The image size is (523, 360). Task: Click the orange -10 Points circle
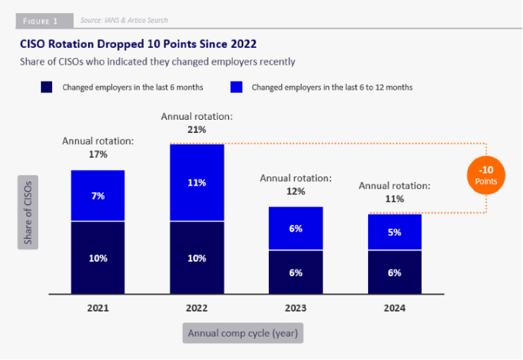[486, 174]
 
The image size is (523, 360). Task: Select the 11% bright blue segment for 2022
[197, 182]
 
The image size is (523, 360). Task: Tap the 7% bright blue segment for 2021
[98, 195]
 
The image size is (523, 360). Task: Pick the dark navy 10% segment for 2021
[98, 257]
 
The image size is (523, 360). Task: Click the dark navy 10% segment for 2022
[197, 257]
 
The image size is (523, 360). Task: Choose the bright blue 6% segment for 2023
[296, 228]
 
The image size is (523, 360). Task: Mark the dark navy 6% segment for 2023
[296, 272]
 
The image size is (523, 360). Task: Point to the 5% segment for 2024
[394, 232]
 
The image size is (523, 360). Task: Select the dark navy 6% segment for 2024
[394, 272]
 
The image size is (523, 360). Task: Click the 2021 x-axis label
[98, 309]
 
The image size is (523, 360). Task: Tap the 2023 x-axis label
[296, 309]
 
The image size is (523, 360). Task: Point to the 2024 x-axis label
[394, 309]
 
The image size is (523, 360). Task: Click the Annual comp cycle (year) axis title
[242, 334]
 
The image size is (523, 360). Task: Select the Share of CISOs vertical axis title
[29, 211]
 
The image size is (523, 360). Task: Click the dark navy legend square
[46, 87]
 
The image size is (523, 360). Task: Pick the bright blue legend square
[237, 87]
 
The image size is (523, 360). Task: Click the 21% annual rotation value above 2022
[197, 129]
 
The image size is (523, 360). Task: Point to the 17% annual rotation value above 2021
[98, 154]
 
